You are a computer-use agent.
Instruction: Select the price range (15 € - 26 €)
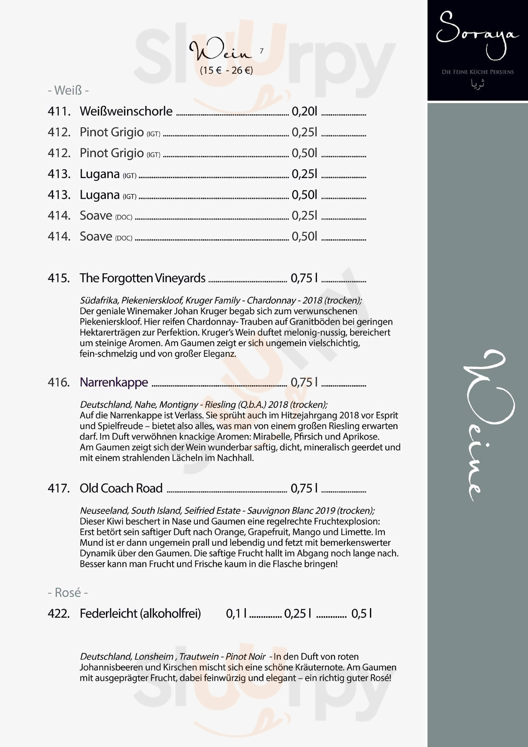point(226,70)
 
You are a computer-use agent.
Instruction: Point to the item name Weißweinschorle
point(126,111)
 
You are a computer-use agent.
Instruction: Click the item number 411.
point(59,111)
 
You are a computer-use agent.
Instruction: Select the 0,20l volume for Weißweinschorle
point(304,111)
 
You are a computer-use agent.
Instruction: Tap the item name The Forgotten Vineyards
point(142,278)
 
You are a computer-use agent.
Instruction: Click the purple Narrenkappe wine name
point(114,382)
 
